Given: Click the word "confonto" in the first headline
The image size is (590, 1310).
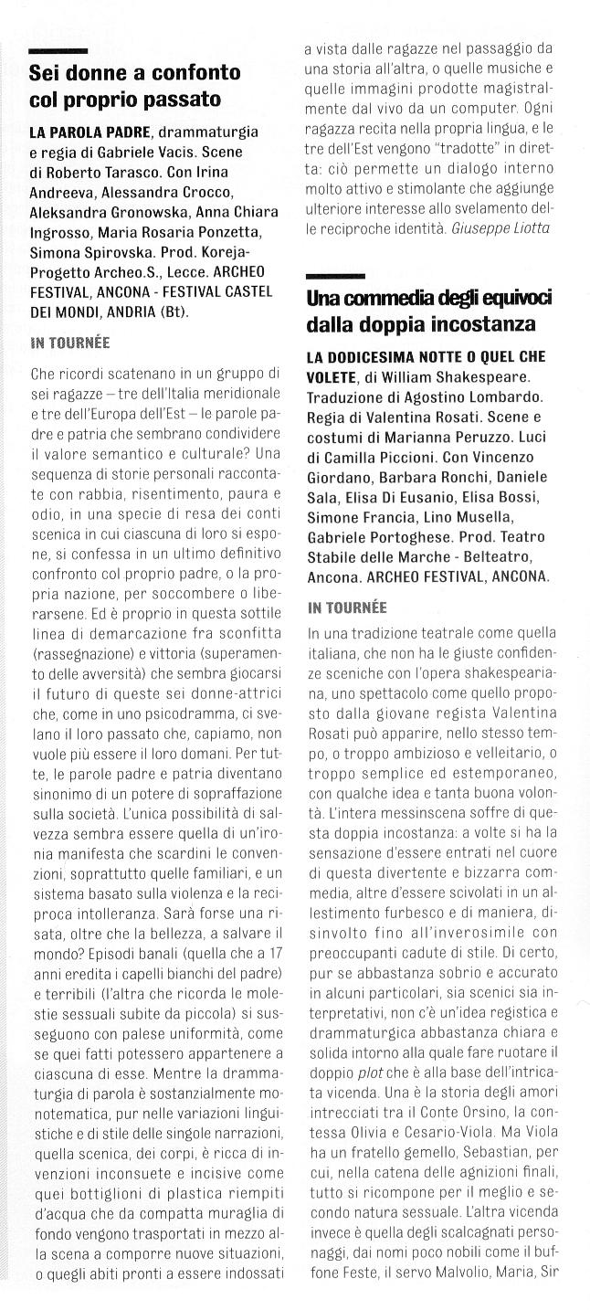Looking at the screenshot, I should coord(195,72).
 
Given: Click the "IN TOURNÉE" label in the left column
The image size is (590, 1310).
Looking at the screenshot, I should coord(69,343).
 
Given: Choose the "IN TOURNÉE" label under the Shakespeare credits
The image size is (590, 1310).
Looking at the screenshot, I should coord(347,607).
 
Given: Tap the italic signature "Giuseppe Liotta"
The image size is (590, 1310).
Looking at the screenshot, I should coord(500,227).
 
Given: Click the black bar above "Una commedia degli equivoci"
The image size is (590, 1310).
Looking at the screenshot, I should coord(335,275).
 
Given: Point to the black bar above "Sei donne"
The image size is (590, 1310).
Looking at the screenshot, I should coord(58,50).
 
